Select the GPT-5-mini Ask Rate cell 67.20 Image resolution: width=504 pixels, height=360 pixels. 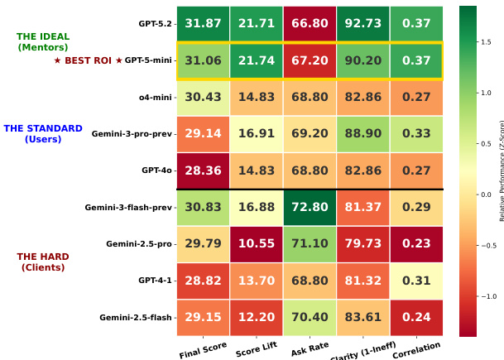310,61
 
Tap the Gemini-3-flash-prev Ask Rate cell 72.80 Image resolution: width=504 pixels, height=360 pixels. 310,208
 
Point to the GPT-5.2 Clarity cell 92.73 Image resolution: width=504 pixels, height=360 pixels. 363,23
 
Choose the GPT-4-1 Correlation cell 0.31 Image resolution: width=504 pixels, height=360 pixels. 416,281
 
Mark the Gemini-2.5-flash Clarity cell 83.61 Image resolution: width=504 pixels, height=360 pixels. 363,318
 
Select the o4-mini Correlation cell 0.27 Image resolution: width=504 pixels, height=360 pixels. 416,98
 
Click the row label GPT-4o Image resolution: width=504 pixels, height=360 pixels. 157,170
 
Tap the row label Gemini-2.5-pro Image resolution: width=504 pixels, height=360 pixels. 139,244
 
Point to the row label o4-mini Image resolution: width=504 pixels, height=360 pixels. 156,98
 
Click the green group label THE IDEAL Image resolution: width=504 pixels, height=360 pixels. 43,36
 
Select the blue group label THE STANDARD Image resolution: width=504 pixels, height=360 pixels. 43,128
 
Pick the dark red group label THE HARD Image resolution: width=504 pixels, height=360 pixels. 43,257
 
